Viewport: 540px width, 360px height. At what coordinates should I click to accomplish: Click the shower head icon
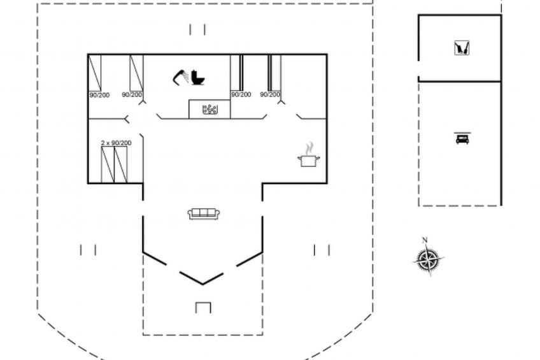click(x=180, y=77)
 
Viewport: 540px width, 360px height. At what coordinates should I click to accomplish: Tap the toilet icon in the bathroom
click(x=198, y=78)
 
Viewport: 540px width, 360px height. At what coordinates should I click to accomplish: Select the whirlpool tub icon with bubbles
click(x=210, y=110)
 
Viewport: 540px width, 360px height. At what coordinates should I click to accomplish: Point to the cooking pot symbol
click(x=309, y=161)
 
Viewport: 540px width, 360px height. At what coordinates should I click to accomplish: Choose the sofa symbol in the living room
click(x=204, y=213)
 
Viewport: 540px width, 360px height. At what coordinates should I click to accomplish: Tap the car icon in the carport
click(x=462, y=139)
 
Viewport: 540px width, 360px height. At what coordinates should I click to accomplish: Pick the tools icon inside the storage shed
click(x=462, y=48)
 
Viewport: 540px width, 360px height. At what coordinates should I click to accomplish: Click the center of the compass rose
click(x=428, y=259)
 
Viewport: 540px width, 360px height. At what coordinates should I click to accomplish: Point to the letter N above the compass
click(x=425, y=240)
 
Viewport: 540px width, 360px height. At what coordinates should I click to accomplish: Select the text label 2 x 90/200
click(x=116, y=143)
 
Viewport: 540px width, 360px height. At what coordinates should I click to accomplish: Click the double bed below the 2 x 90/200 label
click(x=115, y=164)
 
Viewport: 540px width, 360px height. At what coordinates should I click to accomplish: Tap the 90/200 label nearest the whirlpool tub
click(x=241, y=94)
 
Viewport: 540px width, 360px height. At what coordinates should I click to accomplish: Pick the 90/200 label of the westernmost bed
click(x=99, y=95)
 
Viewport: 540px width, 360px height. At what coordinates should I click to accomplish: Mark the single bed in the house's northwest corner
click(x=95, y=73)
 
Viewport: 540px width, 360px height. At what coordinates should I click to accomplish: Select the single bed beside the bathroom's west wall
click(x=136, y=73)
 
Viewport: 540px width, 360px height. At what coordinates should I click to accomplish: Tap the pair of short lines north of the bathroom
click(x=197, y=29)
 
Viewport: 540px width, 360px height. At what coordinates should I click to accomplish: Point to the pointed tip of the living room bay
click(x=202, y=284)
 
